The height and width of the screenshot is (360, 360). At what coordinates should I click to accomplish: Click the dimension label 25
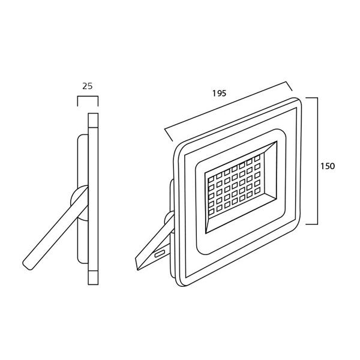(87, 86)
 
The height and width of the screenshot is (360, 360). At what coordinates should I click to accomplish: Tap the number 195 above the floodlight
(219, 93)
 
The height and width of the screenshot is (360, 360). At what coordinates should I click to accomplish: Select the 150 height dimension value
(328, 166)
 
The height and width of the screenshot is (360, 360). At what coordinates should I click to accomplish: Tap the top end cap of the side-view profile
(93, 120)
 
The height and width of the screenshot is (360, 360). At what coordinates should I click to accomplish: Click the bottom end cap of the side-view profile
(93, 278)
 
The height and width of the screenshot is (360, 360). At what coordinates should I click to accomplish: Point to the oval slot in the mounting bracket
(160, 254)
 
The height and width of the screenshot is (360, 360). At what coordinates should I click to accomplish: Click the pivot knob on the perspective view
(169, 219)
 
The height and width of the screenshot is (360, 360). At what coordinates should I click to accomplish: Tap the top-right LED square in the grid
(257, 157)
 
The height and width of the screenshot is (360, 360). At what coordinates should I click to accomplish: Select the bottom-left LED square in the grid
(211, 211)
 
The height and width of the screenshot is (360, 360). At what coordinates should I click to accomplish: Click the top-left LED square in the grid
(211, 178)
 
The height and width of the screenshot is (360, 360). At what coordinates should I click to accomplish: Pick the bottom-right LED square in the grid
(257, 191)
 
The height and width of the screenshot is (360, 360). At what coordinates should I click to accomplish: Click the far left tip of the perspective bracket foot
(136, 258)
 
